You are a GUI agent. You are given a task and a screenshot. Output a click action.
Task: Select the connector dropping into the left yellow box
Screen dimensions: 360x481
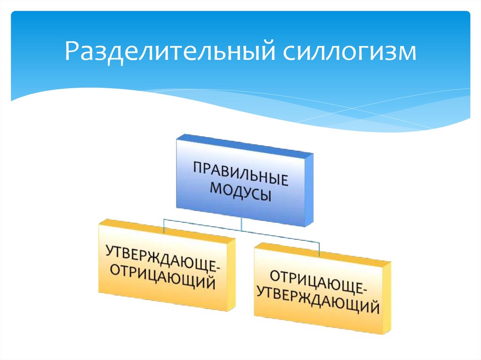(x=163, y=226)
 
